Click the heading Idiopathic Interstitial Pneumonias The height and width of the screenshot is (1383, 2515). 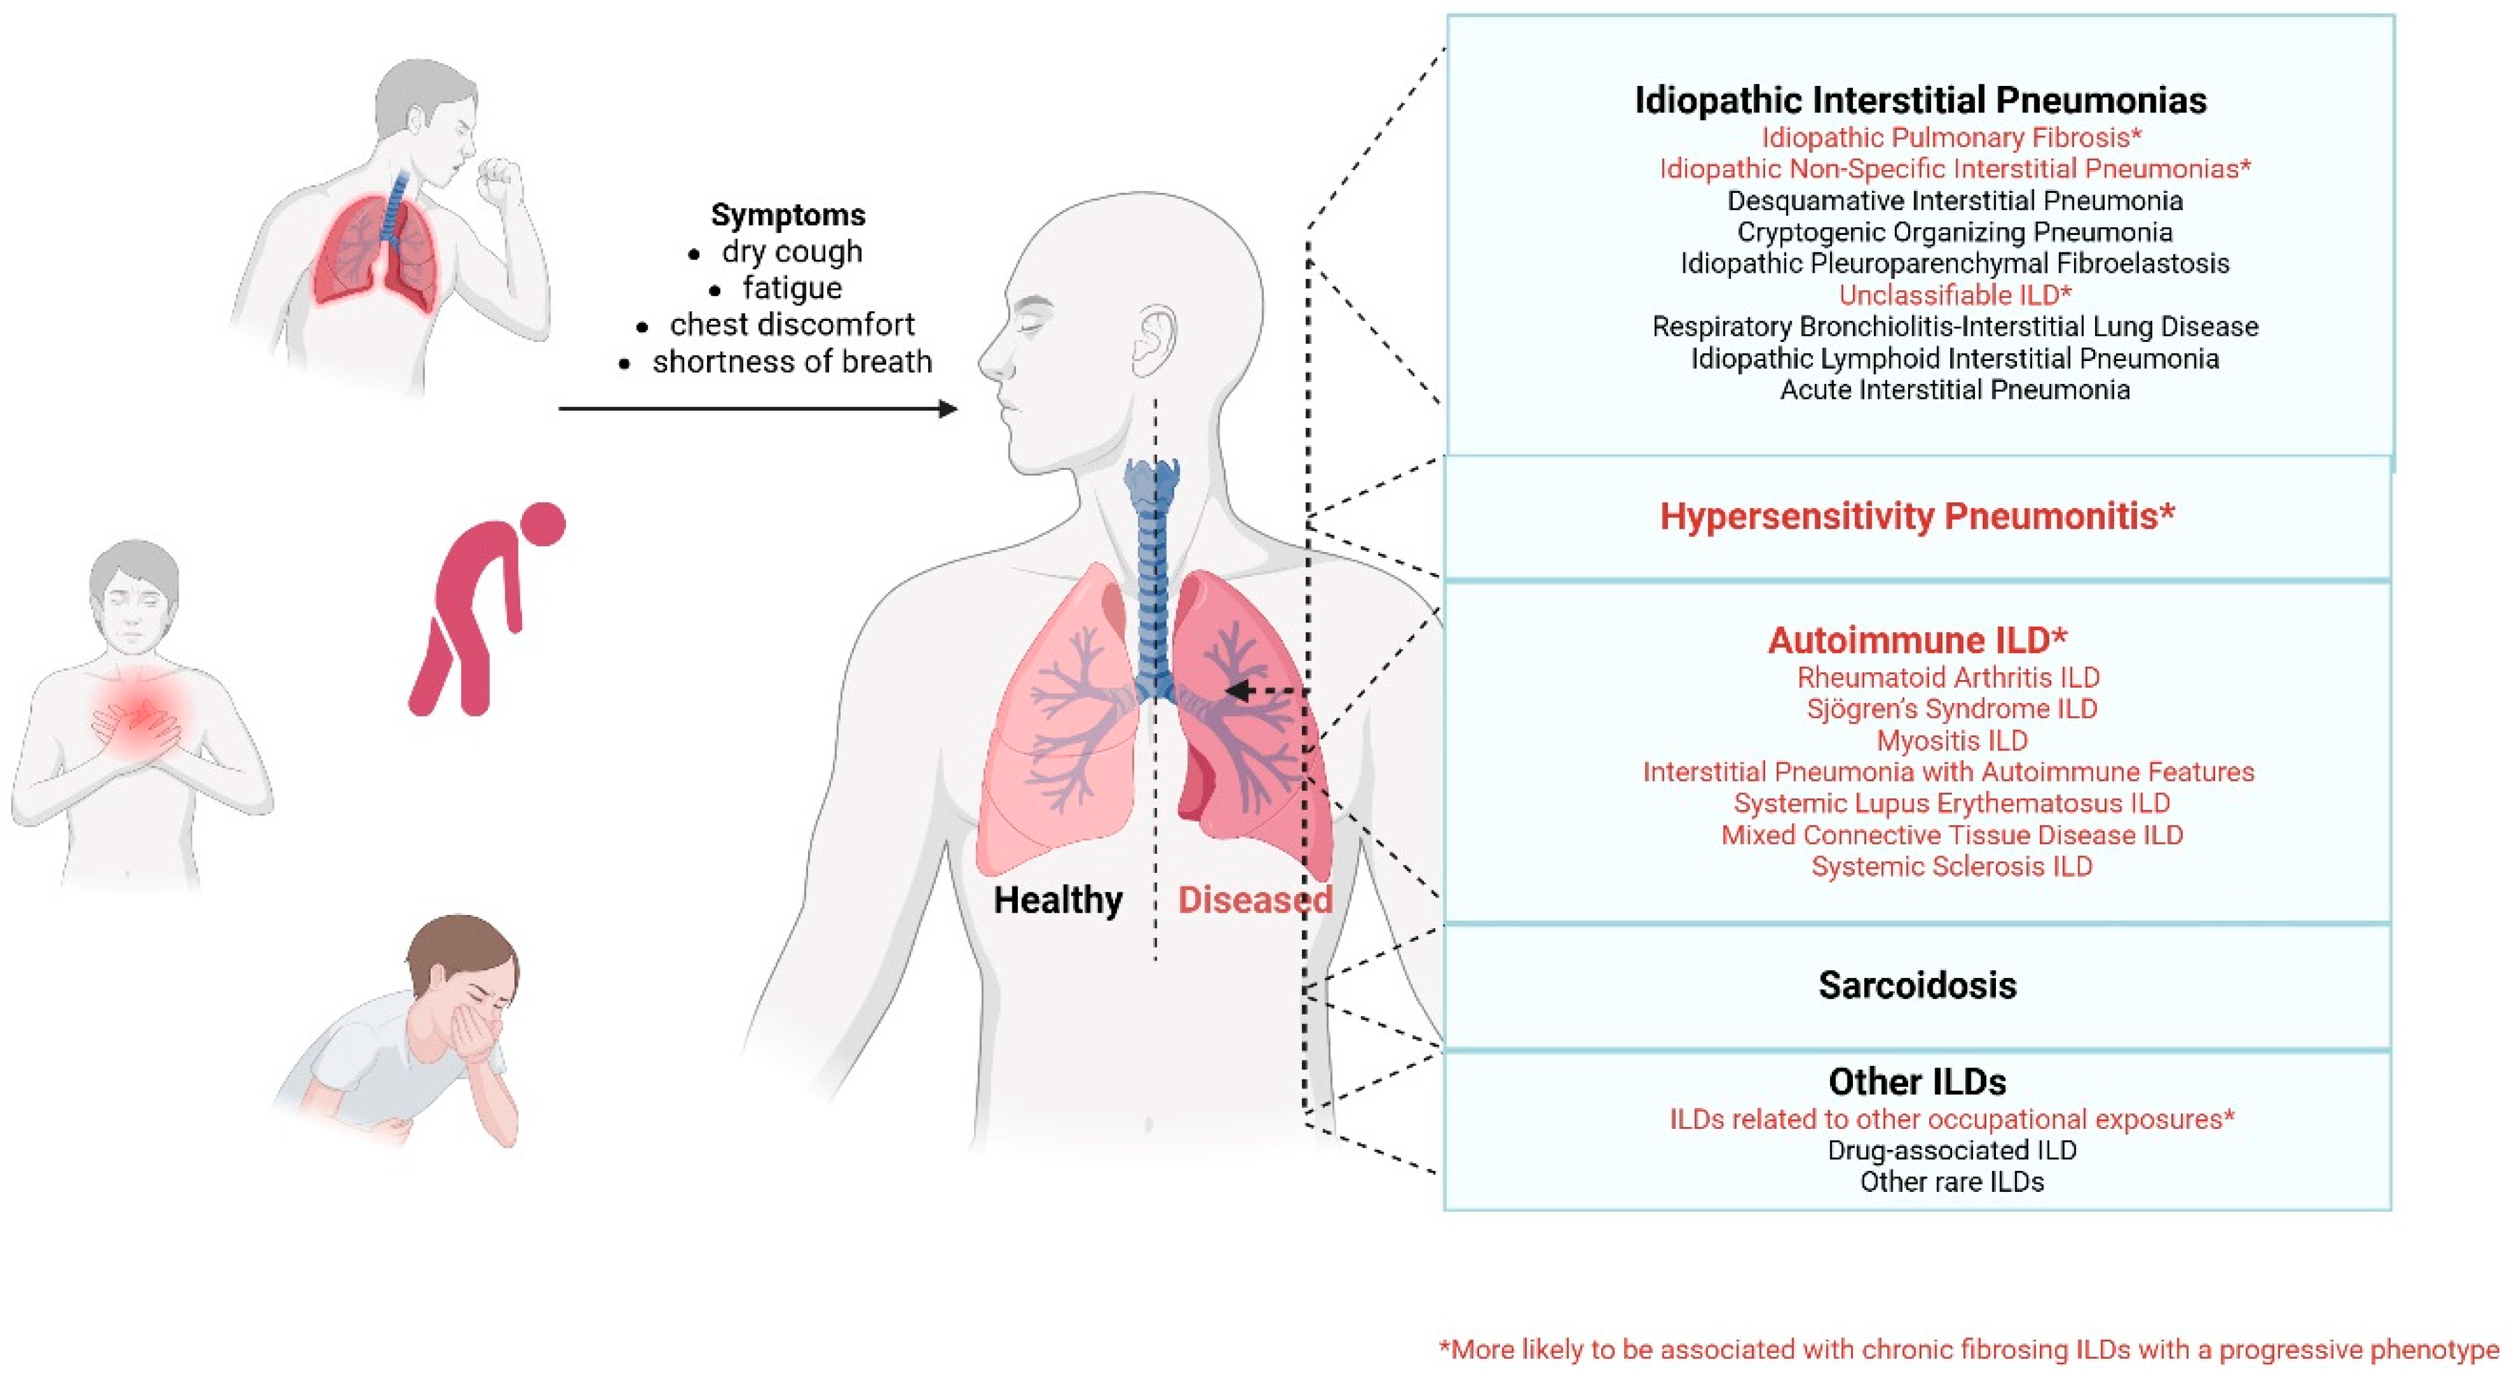pos(1920,100)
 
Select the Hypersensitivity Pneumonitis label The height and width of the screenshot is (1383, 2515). pos(1917,515)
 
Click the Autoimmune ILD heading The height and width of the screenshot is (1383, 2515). pos(1917,640)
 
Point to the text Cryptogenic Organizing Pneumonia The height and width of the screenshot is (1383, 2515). pos(1954,233)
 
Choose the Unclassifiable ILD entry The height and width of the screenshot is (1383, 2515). pos(1954,295)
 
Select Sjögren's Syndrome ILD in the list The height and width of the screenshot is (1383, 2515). pos(1951,708)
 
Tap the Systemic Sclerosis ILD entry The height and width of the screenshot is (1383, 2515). pos(1951,867)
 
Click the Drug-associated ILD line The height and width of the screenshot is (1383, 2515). pos(1951,1150)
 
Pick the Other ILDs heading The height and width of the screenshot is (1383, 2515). pos(1917,1081)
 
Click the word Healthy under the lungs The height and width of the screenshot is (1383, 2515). pos(1057,900)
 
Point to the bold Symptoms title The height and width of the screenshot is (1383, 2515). pos(787,214)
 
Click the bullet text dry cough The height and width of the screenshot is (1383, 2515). pos(792,252)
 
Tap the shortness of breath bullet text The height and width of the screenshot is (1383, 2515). pos(792,362)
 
